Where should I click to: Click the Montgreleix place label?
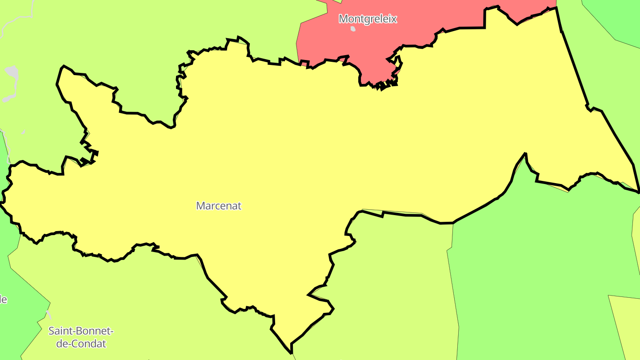(368, 19)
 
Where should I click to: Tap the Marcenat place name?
(219, 206)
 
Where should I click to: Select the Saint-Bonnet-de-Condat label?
(81, 337)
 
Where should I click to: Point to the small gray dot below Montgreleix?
(353, 29)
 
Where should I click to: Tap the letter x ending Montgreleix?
(394, 19)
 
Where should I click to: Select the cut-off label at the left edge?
(3, 299)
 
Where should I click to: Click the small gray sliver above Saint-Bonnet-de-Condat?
(48, 315)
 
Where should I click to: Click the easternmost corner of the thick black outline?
(639, 192)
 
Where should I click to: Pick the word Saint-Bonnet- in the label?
(81, 331)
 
